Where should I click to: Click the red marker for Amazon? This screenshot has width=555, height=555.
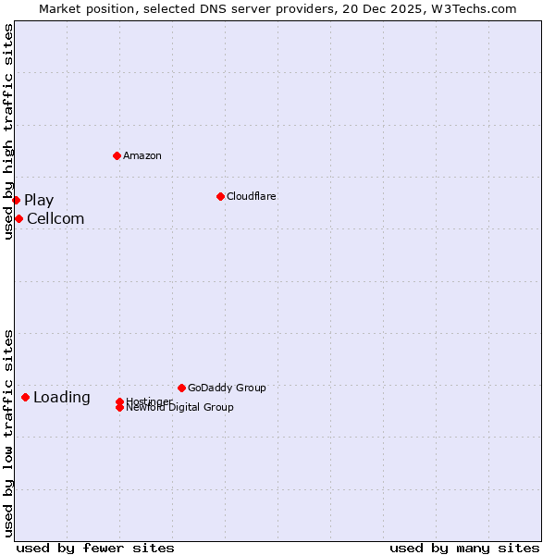tap(117, 155)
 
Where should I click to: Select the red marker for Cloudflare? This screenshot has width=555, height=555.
tap(220, 196)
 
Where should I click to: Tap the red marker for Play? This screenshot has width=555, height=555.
tap(16, 200)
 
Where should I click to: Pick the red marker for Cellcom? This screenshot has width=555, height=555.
tap(18, 218)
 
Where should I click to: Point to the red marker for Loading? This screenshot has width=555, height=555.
tap(25, 397)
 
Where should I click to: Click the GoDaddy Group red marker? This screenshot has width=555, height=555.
tap(181, 388)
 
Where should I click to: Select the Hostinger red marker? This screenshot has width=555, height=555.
tap(119, 401)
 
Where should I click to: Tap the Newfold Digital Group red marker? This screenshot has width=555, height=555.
tap(119, 407)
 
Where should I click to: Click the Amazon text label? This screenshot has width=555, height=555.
tap(142, 155)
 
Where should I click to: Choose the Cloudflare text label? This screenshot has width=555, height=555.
tap(251, 196)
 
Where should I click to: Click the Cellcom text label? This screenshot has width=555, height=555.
tap(55, 218)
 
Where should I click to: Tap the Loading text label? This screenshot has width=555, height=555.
tap(61, 397)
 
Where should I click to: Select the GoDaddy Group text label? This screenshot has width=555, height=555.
tap(227, 388)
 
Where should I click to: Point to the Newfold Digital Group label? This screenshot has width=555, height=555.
tap(180, 408)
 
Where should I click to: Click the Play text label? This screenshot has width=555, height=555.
tap(39, 200)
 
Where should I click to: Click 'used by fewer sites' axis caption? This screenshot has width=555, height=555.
tap(95, 548)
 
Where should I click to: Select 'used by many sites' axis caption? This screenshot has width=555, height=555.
tap(464, 548)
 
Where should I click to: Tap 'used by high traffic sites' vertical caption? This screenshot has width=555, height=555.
tap(8, 132)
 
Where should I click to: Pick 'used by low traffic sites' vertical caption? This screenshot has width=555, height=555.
tap(8, 433)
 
